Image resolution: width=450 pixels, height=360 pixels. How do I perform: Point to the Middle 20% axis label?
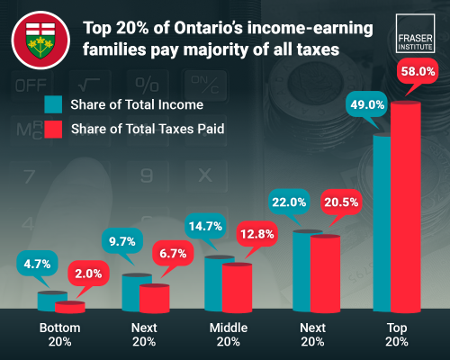(228, 334)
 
